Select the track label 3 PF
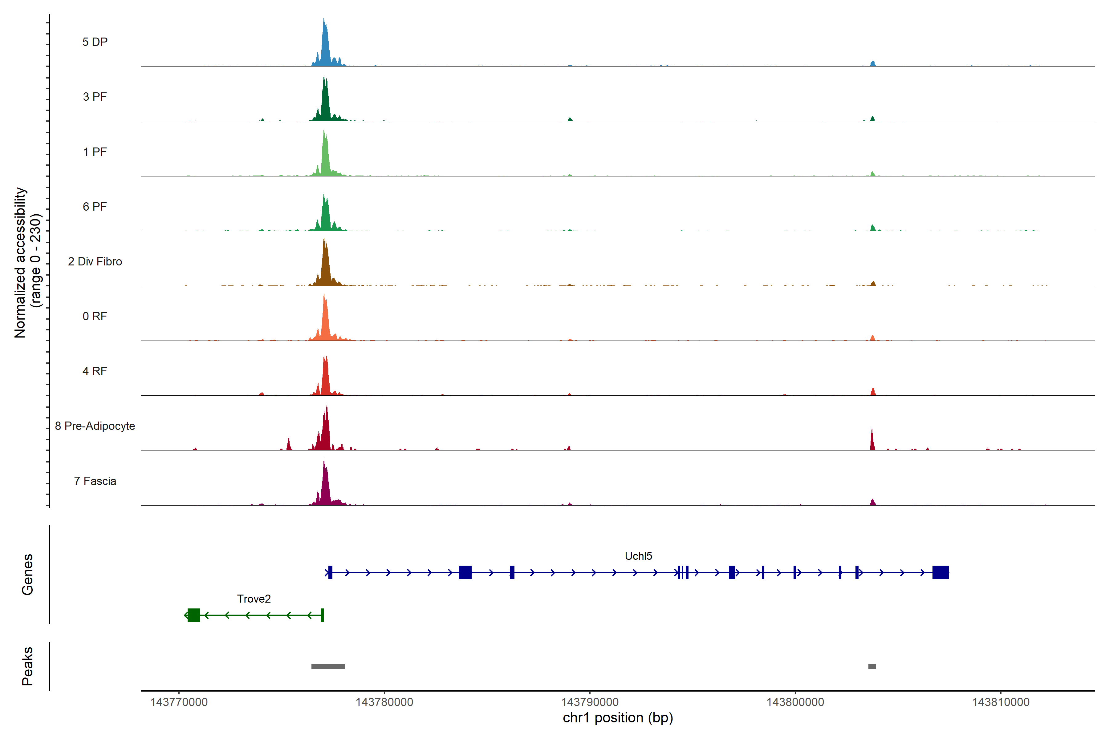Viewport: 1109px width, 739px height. click(x=95, y=97)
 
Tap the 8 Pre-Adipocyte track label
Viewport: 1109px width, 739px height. click(x=95, y=426)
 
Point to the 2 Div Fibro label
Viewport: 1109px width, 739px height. click(x=95, y=261)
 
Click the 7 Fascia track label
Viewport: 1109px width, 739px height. click(x=95, y=481)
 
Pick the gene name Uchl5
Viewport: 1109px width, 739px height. click(x=638, y=556)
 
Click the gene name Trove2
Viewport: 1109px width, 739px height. click(x=254, y=599)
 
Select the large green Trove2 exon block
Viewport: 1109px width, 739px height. click(x=193, y=615)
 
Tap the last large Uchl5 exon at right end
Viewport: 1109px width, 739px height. click(x=940, y=572)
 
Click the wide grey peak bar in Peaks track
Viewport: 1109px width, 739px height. click(x=328, y=666)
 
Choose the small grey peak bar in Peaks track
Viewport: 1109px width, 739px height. click(x=872, y=666)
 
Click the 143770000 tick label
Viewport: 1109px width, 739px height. click(x=179, y=702)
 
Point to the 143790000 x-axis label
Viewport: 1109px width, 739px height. click(x=589, y=702)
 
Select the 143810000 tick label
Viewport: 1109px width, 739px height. click(x=1001, y=702)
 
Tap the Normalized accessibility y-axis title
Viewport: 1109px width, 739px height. click(x=27, y=262)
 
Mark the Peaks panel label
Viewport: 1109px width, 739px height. click(x=27, y=666)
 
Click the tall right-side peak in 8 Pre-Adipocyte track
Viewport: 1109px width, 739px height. click(x=872, y=441)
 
